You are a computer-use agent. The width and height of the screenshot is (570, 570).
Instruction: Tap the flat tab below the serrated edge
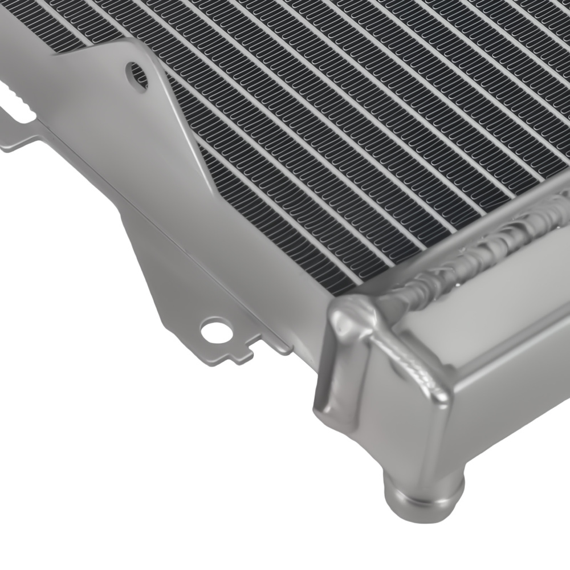[17, 140]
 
